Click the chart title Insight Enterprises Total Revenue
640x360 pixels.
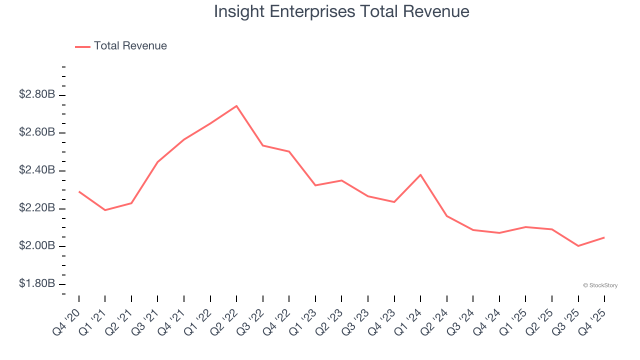[x=341, y=11]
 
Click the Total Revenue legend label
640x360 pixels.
[x=130, y=46]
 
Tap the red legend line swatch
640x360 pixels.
[x=82, y=46]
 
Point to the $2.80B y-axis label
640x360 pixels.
[x=37, y=94]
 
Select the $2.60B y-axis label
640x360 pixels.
[x=37, y=132]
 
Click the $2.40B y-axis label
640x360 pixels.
[x=37, y=170]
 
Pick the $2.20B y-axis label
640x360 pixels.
[x=37, y=208]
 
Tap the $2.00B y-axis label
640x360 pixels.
[x=37, y=246]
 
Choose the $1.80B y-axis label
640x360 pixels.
[x=37, y=284]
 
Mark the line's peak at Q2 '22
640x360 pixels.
[x=236, y=106]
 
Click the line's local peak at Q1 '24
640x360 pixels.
[x=420, y=175]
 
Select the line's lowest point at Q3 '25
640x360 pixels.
[x=578, y=246]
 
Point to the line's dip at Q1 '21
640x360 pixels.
[x=105, y=210]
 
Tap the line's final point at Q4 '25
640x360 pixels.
[x=604, y=237]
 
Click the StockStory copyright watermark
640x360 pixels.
[x=600, y=285]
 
